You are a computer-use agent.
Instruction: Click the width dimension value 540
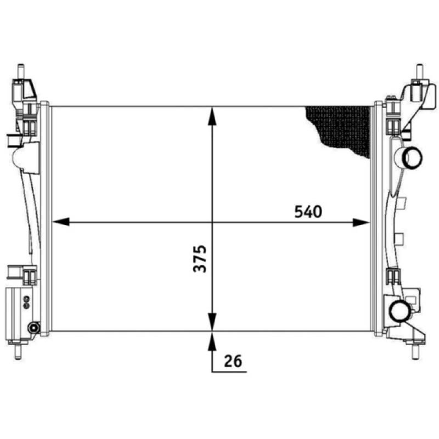[x=308, y=211]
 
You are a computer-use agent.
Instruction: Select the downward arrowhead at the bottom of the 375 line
[x=212, y=322]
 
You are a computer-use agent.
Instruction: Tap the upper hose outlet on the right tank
[x=411, y=159]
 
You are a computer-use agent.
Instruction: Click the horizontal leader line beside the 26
[x=227, y=372]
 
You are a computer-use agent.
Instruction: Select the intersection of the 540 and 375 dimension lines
[x=212, y=222]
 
